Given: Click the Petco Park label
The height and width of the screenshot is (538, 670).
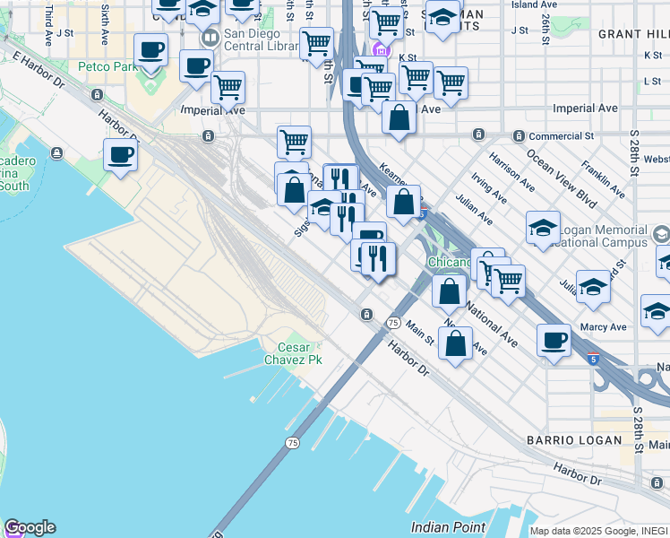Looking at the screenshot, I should [x=107, y=66].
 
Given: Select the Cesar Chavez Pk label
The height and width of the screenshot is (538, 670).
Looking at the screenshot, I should [x=299, y=353].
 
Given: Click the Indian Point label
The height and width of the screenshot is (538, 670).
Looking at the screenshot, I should [x=448, y=527].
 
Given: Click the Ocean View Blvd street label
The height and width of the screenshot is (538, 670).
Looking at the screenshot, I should [x=562, y=178].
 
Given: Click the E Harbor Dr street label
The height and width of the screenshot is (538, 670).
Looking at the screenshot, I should [x=39, y=70].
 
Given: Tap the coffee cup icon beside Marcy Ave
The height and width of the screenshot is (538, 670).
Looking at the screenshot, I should [x=554, y=341].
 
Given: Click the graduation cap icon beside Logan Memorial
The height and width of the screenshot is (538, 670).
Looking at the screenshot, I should [x=543, y=229].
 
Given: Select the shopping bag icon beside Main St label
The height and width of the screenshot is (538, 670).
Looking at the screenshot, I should [x=456, y=343].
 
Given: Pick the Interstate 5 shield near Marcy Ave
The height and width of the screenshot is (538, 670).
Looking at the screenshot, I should [x=594, y=359].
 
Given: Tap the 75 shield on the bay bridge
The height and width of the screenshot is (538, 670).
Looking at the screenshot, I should [x=292, y=443].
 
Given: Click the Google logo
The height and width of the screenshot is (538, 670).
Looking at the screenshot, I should [x=30, y=527].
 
